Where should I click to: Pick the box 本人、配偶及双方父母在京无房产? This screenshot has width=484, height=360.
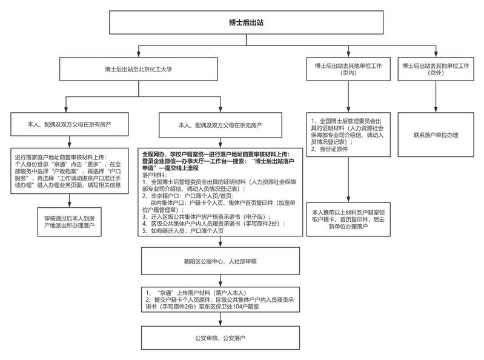[x=220, y=124]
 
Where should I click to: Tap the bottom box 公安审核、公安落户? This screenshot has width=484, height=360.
[x=220, y=336]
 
